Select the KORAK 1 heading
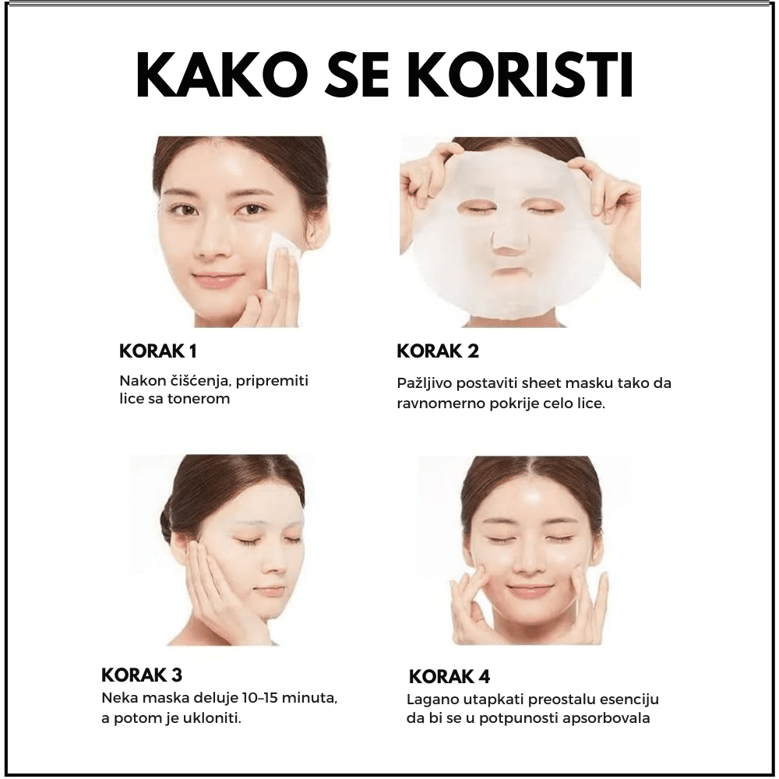(x=158, y=351)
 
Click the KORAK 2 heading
(x=438, y=351)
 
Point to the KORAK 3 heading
(x=142, y=675)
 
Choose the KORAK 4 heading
(x=449, y=677)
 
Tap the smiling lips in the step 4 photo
(x=528, y=590)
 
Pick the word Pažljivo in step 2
(x=423, y=384)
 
